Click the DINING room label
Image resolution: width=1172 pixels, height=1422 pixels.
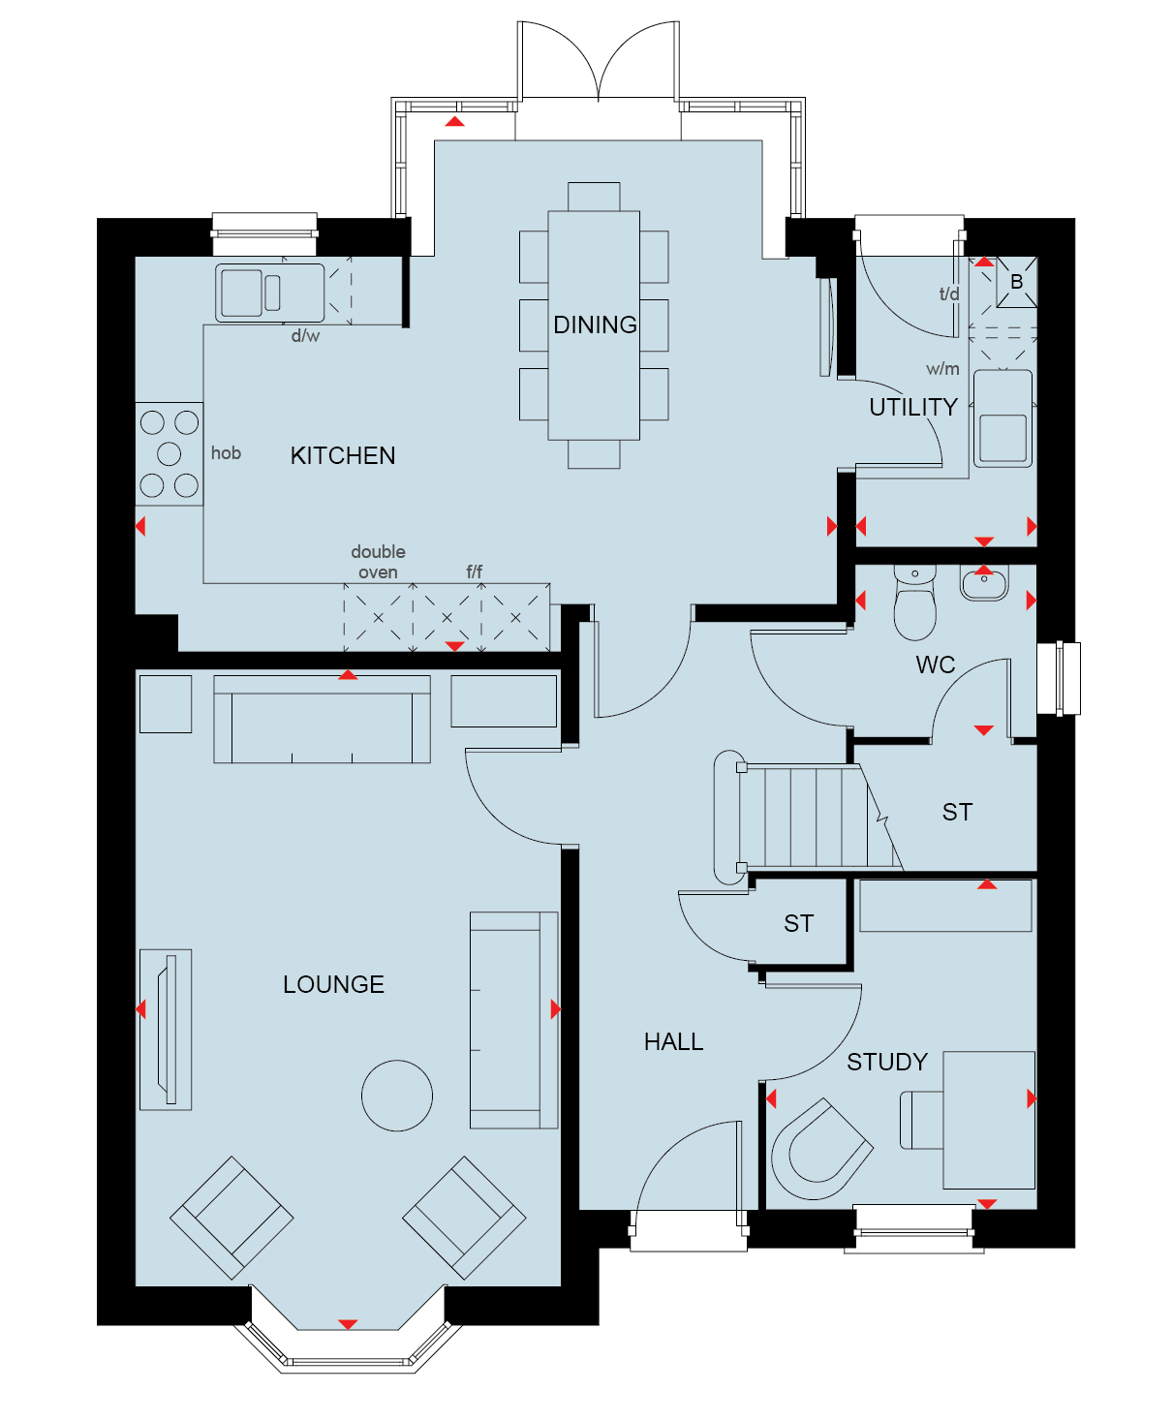(595, 325)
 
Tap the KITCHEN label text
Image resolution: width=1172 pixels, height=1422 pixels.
(343, 455)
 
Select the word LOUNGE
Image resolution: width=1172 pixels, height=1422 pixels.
(333, 984)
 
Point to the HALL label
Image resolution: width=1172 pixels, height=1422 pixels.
(673, 1041)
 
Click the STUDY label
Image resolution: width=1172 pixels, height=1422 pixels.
(886, 1062)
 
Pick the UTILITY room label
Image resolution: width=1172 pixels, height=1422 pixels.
(913, 407)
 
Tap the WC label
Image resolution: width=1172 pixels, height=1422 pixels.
(935, 665)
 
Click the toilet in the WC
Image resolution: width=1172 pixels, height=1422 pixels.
(914, 603)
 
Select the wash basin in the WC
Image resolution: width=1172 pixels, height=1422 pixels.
(984, 583)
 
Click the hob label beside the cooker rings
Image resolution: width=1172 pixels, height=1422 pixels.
(226, 453)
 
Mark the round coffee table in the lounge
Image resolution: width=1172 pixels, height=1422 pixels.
(397, 1096)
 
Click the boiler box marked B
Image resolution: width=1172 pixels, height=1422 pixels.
(1017, 282)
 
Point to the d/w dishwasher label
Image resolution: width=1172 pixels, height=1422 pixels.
(305, 336)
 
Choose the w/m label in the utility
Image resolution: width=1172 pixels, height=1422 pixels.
(942, 369)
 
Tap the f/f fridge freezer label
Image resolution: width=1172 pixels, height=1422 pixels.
(474, 572)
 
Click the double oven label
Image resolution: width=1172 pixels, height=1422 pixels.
(378, 562)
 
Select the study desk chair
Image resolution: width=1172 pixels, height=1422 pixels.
(822, 1149)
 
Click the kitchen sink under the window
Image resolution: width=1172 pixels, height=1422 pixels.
(269, 293)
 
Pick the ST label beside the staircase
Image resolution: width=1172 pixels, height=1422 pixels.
(957, 812)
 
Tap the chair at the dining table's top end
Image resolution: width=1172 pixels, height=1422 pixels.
(594, 197)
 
